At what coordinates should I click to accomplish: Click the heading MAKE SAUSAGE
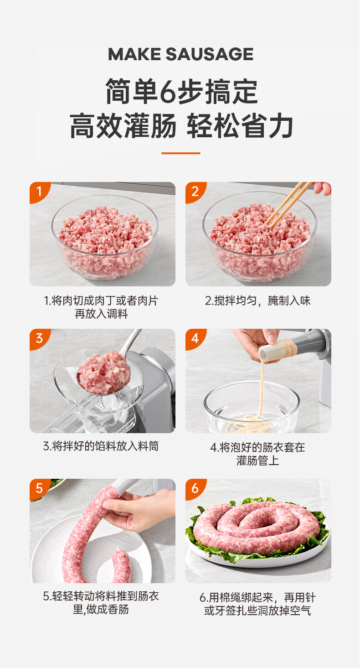180,54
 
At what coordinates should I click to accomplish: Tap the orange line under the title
180,153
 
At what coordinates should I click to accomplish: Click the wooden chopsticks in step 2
288,204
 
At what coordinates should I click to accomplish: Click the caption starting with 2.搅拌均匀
257,300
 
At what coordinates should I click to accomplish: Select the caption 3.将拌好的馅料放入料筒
101,446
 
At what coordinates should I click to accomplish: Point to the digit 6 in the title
169,92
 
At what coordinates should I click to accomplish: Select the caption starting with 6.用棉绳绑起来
257,604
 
